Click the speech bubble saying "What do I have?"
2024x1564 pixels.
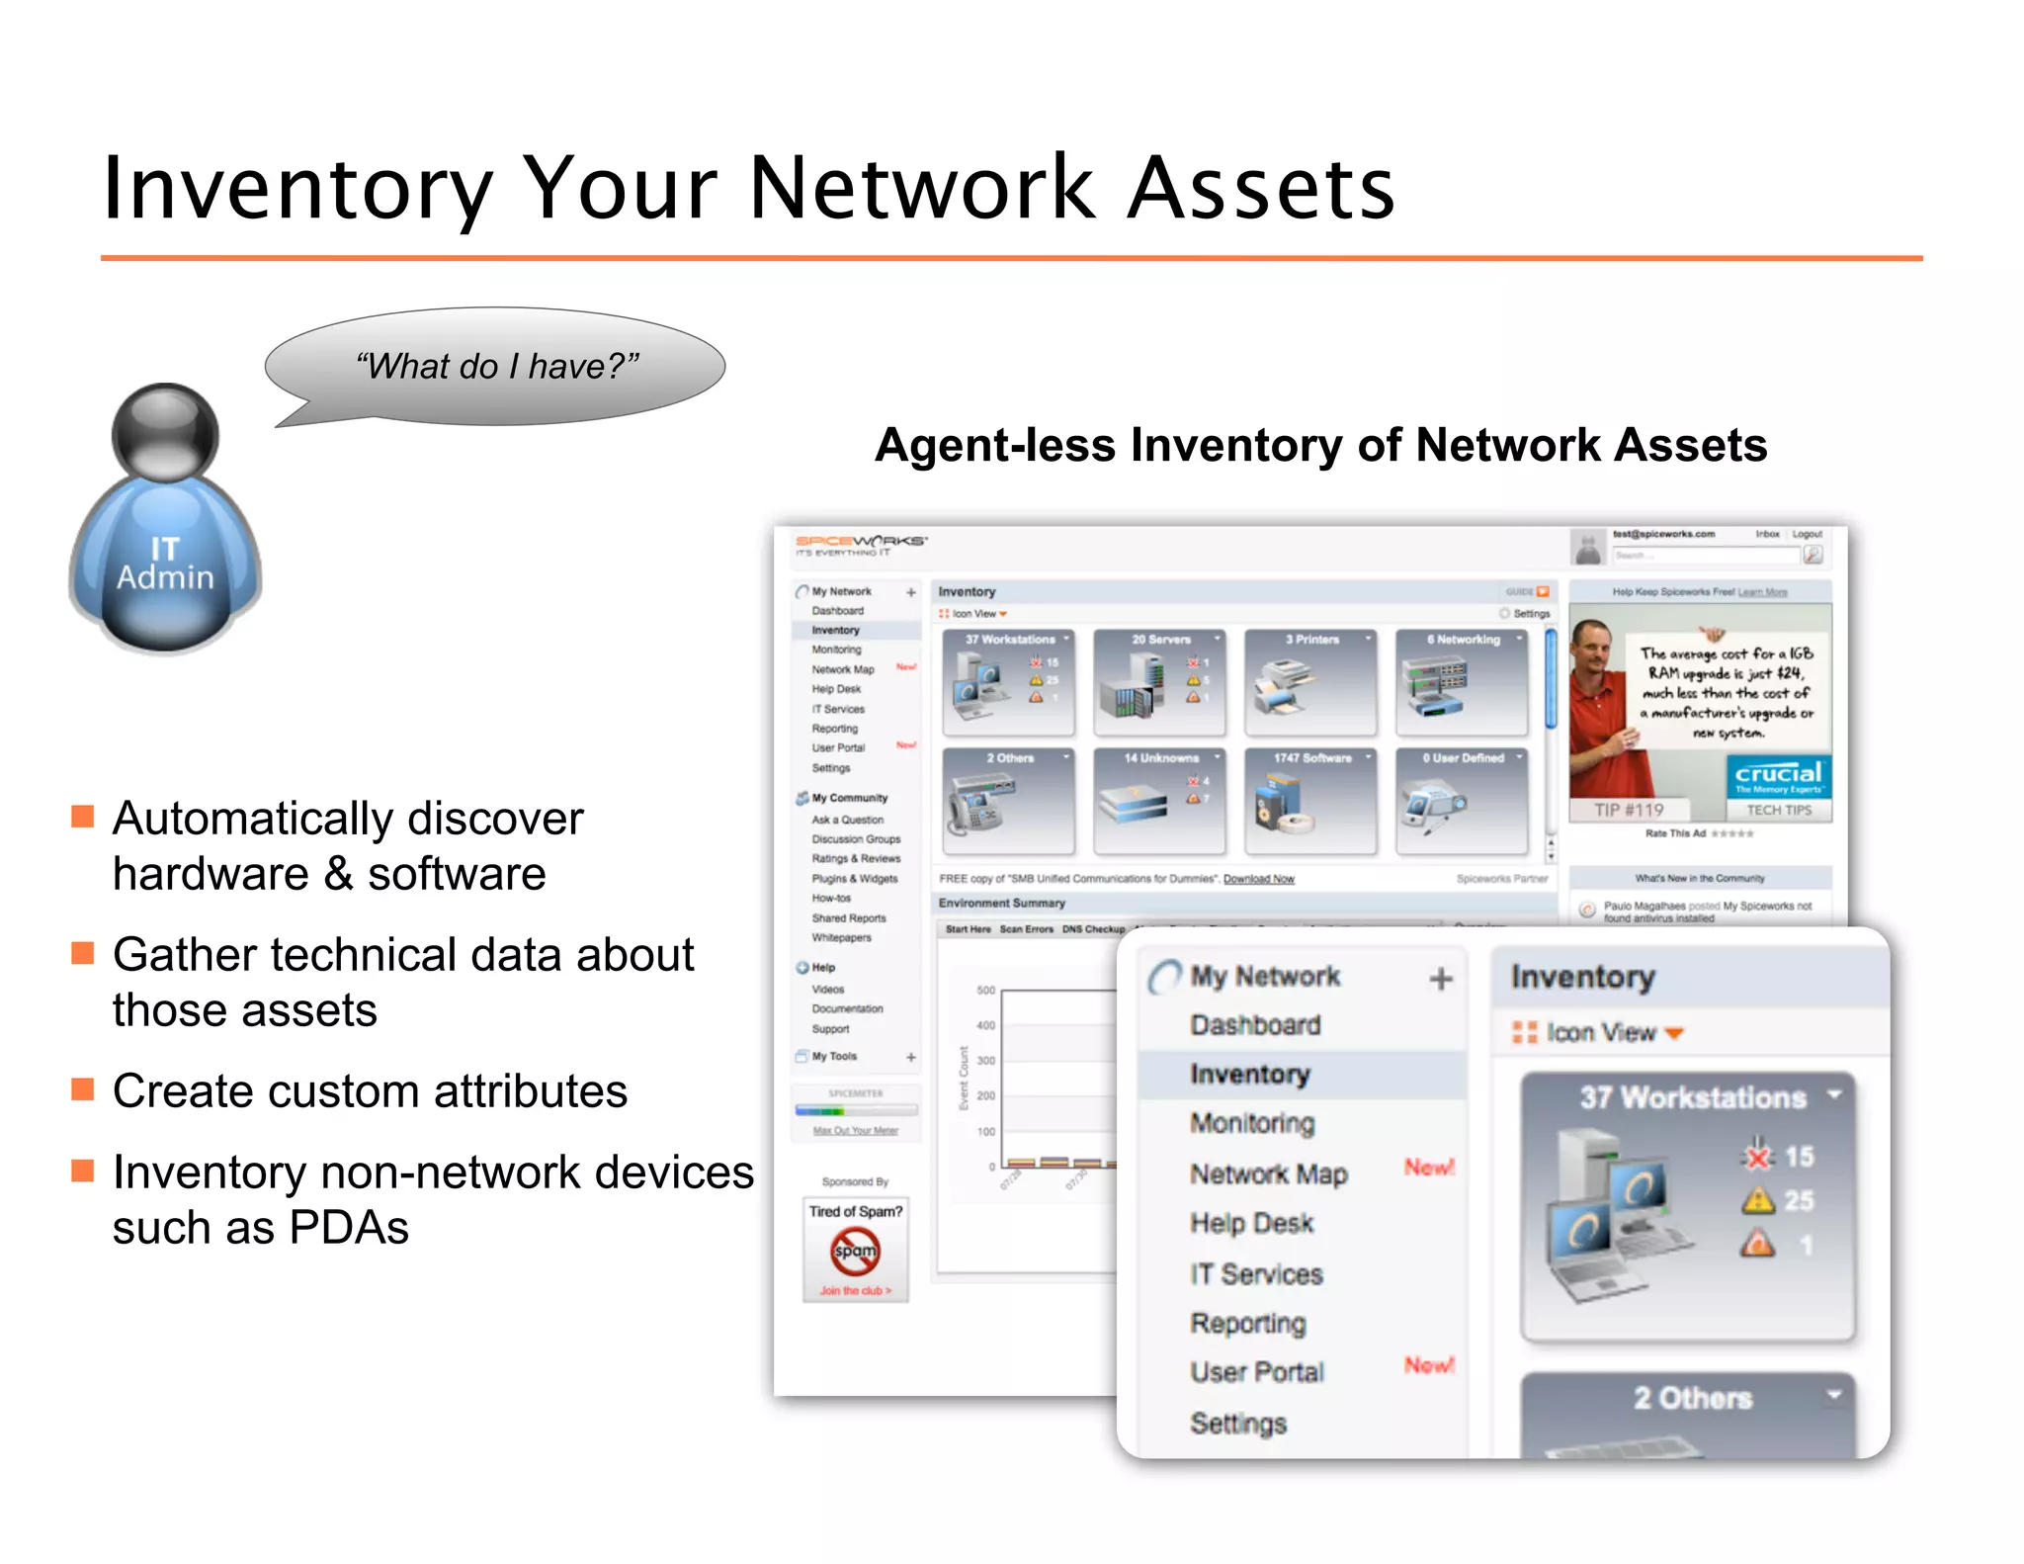pyautogui.click(x=496, y=366)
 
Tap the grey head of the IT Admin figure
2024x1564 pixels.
pyautogui.click(x=165, y=432)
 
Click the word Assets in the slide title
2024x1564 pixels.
pyautogui.click(x=1260, y=188)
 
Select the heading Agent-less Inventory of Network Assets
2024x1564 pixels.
pyautogui.click(x=1320, y=445)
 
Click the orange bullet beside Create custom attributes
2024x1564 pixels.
pyautogui.click(x=83, y=1089)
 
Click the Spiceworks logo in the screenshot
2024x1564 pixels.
pyautogui.click(x=861, y=544)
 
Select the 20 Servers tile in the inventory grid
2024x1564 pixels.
pyautogui.click(x=1159, y=682)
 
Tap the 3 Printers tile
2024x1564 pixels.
pyautogui.click(x=1310, y=682)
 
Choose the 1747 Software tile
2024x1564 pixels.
pyautogui.click(x=1310, y=801)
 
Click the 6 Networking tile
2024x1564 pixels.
pyautogui.click(x=1462, y=682)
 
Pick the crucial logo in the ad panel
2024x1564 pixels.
pyautogui.click(x=1778, y=776)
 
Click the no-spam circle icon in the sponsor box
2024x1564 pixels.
pyautogui.click(x=855, y=1251)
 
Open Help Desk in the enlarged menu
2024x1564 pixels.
pyautogui.click(x=1251, y=1223)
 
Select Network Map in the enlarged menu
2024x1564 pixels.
pyautogui.click(x=1268, y=1173)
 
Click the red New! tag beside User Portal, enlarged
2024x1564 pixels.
pyautogui.click(x=1429, y=1365)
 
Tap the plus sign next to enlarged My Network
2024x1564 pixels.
pyautogui.click(x=1441, y=979)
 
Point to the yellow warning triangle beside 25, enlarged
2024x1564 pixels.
pyautogui.click(x=1758, y=1200)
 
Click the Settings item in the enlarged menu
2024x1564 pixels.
pyautogui.click(x=1238, y=1423)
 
